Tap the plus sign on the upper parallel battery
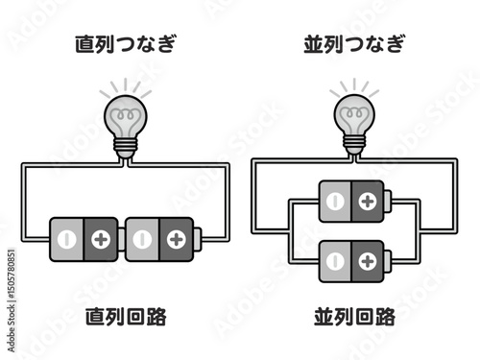(x=367, y=201)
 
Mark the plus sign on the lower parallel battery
(x=367, y=259)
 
